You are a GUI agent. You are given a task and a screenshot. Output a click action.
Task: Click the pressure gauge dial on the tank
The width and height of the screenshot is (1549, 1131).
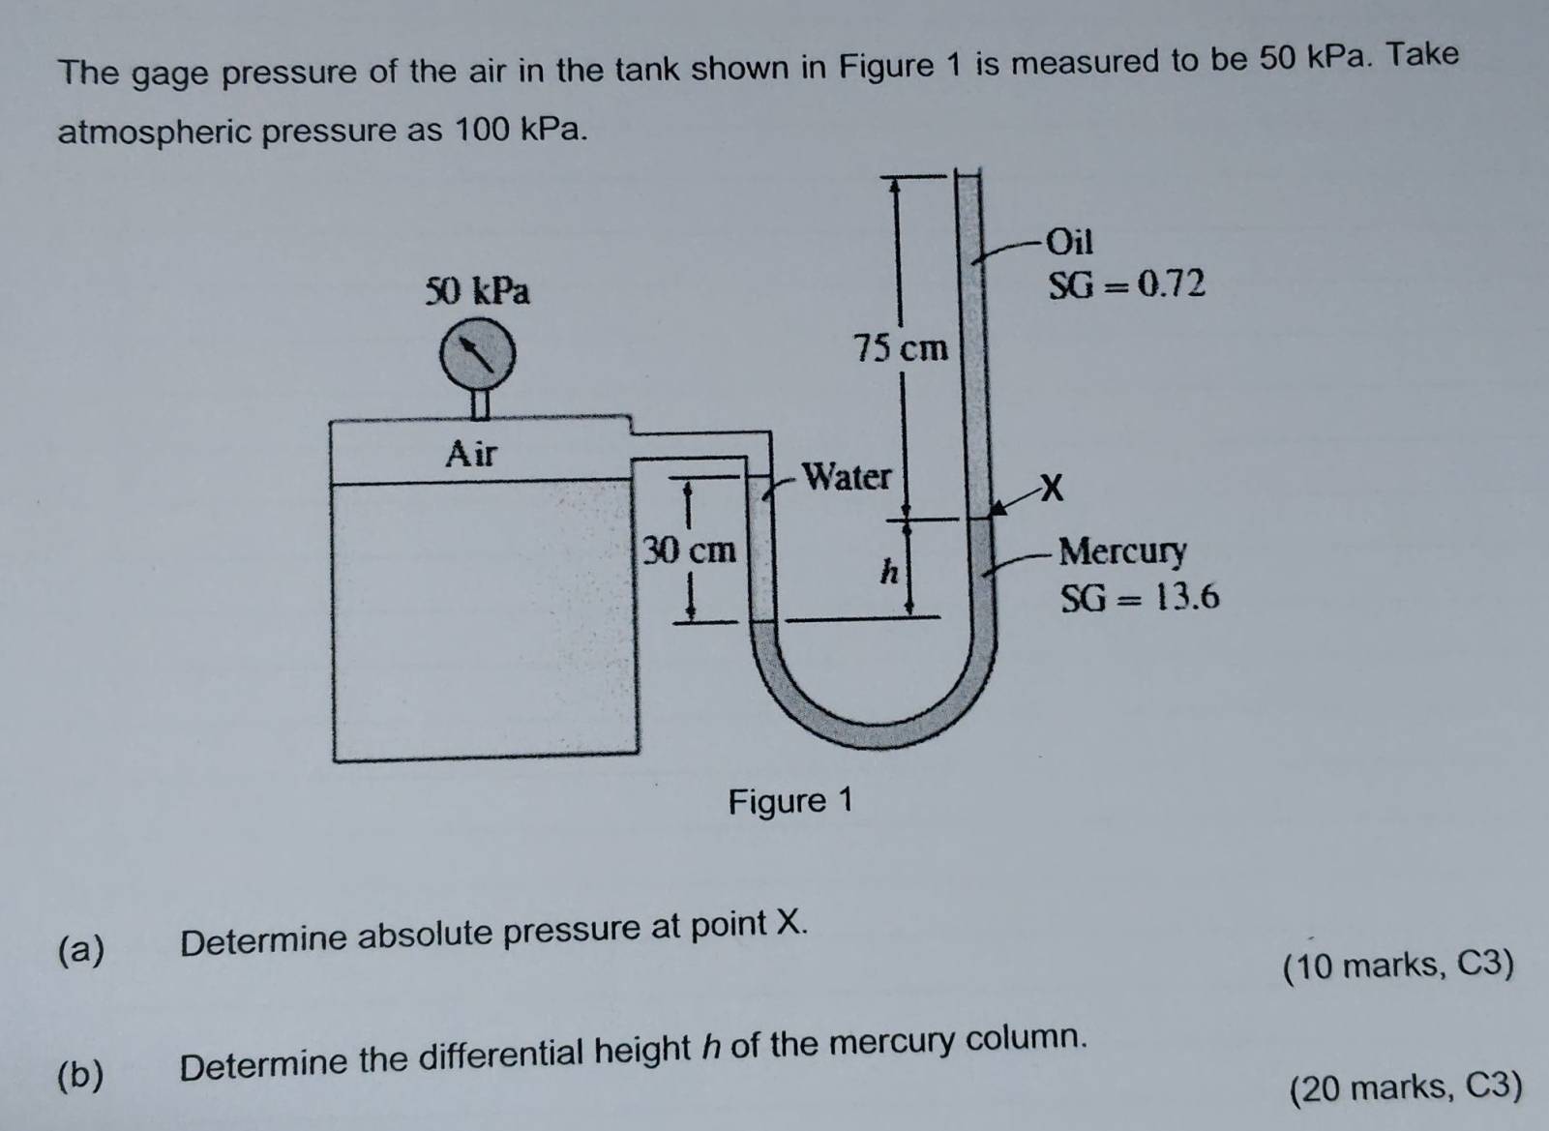click(478, 355)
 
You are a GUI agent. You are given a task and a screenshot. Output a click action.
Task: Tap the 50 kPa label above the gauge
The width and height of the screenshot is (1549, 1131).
click(478, 290)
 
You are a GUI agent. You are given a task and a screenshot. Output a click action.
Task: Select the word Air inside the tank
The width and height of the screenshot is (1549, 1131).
click(471, 452)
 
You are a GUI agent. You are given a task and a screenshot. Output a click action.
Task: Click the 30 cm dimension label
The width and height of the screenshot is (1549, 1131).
click(690, 551)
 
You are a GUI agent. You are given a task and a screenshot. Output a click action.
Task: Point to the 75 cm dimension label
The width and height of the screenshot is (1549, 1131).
click(901, 347)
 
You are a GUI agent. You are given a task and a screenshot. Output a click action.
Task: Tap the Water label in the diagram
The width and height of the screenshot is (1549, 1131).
click(847, 476)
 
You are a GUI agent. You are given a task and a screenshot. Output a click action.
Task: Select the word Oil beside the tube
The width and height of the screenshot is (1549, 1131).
click(1070, 240)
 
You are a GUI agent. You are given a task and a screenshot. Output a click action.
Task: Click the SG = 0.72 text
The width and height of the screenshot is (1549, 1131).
click(1127, 284)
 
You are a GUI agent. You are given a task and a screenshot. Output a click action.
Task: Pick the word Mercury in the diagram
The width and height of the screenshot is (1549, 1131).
click(1122, 551)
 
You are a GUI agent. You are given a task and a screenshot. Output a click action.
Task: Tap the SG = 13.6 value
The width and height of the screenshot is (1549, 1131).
click(1140, 598)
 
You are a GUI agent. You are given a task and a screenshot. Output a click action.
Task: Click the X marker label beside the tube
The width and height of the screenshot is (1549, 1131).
click(1051, 488)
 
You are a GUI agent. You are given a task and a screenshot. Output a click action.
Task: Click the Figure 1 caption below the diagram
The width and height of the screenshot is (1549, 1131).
click(790, 801)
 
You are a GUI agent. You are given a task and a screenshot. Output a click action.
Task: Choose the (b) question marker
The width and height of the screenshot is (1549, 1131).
click(80, 1075)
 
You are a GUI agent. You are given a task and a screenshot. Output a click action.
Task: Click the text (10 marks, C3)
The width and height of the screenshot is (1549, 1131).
click(1398, 965)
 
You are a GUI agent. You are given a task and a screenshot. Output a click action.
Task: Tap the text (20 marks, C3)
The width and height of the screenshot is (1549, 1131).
click(1406, 1087)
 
